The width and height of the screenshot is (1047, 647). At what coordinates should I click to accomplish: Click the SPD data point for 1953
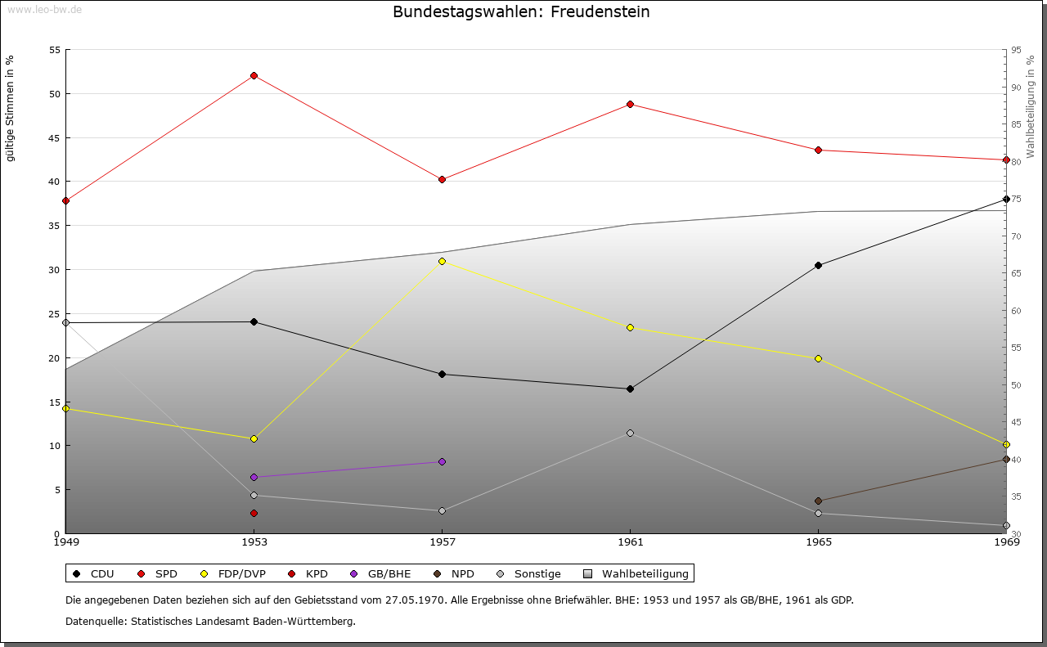tap(254, 75)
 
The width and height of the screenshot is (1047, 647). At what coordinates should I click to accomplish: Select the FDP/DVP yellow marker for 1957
tap(442, 261)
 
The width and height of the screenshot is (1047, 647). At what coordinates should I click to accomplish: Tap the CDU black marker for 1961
tap(630, 389)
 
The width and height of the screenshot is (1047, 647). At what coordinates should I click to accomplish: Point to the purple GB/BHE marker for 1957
tap(442, 461)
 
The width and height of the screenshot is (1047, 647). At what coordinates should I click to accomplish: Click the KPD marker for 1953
tap(254, 513)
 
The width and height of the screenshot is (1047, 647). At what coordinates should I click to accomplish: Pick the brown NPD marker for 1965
tap(818, 501)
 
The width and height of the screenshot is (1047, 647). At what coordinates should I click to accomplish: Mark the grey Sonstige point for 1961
tap(630, 433)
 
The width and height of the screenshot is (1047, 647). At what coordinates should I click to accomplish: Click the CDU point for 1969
tap(1006, 199)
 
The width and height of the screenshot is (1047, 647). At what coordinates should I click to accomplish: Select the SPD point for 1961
tap(630, 104)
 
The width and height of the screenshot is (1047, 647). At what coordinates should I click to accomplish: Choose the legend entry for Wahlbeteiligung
tap(638, 573)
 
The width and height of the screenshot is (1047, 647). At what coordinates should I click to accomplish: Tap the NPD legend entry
tap(456, 573)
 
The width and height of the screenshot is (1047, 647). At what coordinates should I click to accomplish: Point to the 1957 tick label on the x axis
tap(442, 541)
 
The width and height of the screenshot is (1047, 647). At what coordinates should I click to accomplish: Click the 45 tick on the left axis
tap(55, 137)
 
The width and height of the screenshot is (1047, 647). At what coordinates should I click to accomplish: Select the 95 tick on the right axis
tap(1016, 50)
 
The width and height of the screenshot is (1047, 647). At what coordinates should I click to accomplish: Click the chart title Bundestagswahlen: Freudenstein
tap(521, 11)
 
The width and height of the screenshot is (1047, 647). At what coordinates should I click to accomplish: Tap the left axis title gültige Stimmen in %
tap(10, 108)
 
